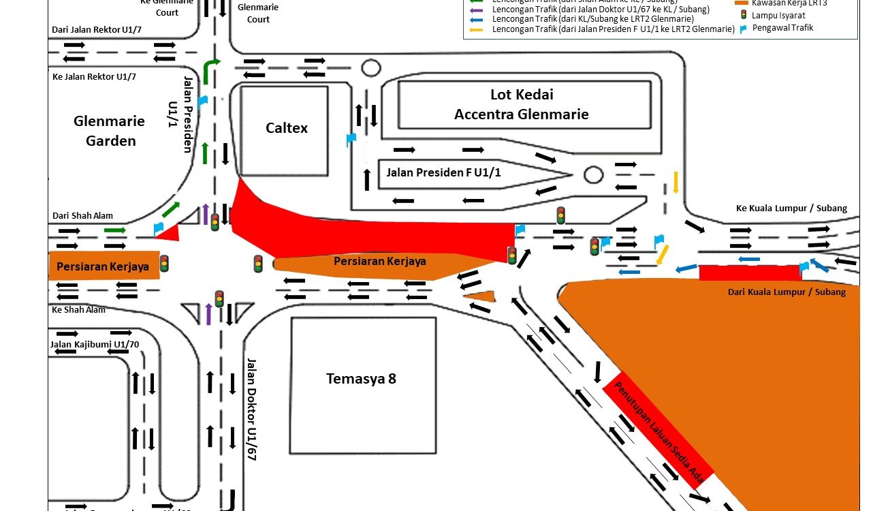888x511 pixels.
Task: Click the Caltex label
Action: tap(287, 128)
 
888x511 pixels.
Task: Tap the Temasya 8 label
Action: tap(361, 379)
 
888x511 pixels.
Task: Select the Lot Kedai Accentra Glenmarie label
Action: tap(521, 104)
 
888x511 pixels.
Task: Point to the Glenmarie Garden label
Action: tap(110, 131)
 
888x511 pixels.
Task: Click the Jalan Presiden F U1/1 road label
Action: tap(443, 172)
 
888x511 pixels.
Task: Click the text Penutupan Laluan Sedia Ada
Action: tap(659, 433)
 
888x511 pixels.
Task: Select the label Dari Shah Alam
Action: tap(82, 216)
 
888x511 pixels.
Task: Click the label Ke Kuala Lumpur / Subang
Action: tap(791, 208)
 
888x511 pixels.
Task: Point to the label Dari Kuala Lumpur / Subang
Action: tap(787, 292)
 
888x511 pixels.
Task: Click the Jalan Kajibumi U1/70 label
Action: tap(94, 344)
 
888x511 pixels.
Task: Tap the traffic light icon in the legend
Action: tap(744, 14)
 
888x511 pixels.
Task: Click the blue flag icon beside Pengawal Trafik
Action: tap(744, 29)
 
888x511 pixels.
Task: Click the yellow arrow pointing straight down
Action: tap(676, 182)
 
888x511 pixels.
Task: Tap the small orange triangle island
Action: tap(481, 296)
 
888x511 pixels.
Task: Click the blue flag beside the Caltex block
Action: tap(351, 140)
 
